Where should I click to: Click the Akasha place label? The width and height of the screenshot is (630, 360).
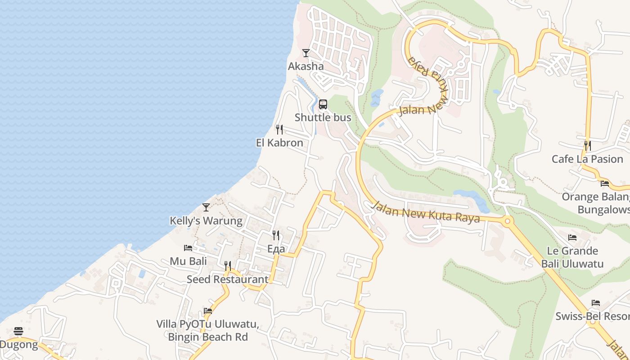click(x=306, y=66)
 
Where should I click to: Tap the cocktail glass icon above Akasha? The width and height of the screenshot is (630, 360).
click(x=306, y=53)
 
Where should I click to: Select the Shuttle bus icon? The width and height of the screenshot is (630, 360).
click(x=323, y=104)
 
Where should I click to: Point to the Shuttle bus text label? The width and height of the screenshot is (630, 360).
click(x=323, y=117)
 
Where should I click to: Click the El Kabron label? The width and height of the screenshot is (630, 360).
click(x=279, y=143)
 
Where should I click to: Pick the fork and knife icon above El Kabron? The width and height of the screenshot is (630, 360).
click(x=279, y=130)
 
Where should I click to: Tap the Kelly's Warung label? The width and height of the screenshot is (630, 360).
click(x=206, y=220)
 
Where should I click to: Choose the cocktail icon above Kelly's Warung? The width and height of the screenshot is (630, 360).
click(x=206, y=207)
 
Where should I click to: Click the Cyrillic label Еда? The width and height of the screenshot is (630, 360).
click(x=276, y=248)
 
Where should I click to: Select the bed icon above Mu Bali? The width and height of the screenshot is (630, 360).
click(x=188, y=248)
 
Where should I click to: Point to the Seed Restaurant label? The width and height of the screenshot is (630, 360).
click(x=227, y=279)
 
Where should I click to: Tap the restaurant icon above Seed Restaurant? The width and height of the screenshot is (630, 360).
click(x=228, y=266)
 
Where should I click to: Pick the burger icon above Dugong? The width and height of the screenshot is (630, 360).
click(x=18, y=332)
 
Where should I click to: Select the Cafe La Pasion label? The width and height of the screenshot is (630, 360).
click(x=587, y=159)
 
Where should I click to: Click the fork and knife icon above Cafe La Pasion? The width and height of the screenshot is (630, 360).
click(x=587, y=146)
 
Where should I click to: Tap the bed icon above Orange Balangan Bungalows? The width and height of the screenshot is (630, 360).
click(x=605, y=184)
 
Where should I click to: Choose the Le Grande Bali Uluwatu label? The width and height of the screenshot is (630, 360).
click(x=572, y=257)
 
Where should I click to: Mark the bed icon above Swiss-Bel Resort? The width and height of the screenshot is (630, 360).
click(x=596, y=303)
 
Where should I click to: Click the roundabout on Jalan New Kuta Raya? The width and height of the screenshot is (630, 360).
click(x=508, y=220)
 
